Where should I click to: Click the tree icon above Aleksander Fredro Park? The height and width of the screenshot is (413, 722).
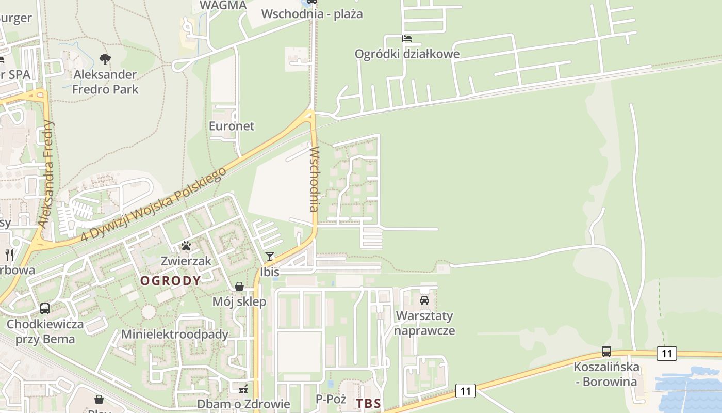tap(105, 59)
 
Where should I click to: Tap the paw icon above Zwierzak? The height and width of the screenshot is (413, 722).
tap(186, 246)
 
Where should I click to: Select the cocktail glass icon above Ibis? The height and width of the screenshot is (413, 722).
tap(269, 257)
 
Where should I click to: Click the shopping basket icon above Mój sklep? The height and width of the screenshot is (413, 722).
tap(239, 287)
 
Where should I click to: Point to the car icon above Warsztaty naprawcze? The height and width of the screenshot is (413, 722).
tap(424, 300)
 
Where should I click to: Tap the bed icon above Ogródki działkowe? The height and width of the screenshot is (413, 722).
tap(407, 39)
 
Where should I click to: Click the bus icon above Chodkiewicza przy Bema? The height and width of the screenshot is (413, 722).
tap(45, 309)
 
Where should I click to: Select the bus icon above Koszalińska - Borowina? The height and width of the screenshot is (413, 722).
tap(606, 352)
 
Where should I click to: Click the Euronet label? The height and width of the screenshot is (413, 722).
tap(232, 126)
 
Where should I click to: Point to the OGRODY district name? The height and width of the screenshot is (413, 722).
tap(171, 281)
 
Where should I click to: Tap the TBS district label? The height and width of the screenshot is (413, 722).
tap(368, 403)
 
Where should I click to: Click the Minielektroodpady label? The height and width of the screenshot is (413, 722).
tap(175, 334)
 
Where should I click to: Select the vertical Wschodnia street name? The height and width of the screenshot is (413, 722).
tap(314, 179)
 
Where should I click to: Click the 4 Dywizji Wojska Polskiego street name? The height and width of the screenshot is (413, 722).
tap(154, 204)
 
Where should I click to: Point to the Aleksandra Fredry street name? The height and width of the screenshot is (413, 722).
tap(46, 174)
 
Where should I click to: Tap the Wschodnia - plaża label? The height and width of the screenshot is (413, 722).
tap(312, 14)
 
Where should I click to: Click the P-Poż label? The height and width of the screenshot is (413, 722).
tap(330, 399)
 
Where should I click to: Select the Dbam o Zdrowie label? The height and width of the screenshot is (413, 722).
tap(243, 404)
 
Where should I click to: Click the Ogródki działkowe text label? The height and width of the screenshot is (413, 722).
tap(407, 54)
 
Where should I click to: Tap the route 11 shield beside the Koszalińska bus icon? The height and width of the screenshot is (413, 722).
tap(666, 354)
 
